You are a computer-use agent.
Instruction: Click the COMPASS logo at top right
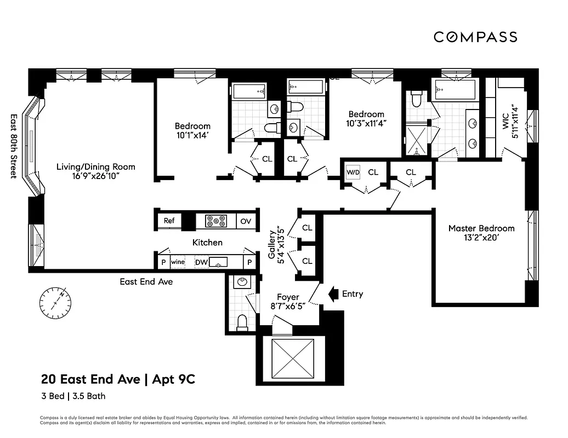point(475,37)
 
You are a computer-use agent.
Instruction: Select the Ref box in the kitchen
point(169,221)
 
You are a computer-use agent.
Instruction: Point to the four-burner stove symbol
point(216,221)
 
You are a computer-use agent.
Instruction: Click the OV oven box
point(246,221)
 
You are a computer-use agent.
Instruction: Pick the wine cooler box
point(178,262)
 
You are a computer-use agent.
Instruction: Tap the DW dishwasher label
point(201,262)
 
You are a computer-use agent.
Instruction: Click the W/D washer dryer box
point(353,172)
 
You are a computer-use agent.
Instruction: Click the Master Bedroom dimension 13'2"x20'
point(481,238)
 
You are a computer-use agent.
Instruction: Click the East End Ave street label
point(146,281)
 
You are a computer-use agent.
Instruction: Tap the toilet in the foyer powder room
point(242,322)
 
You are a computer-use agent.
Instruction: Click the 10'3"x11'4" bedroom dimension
point(367,123)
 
